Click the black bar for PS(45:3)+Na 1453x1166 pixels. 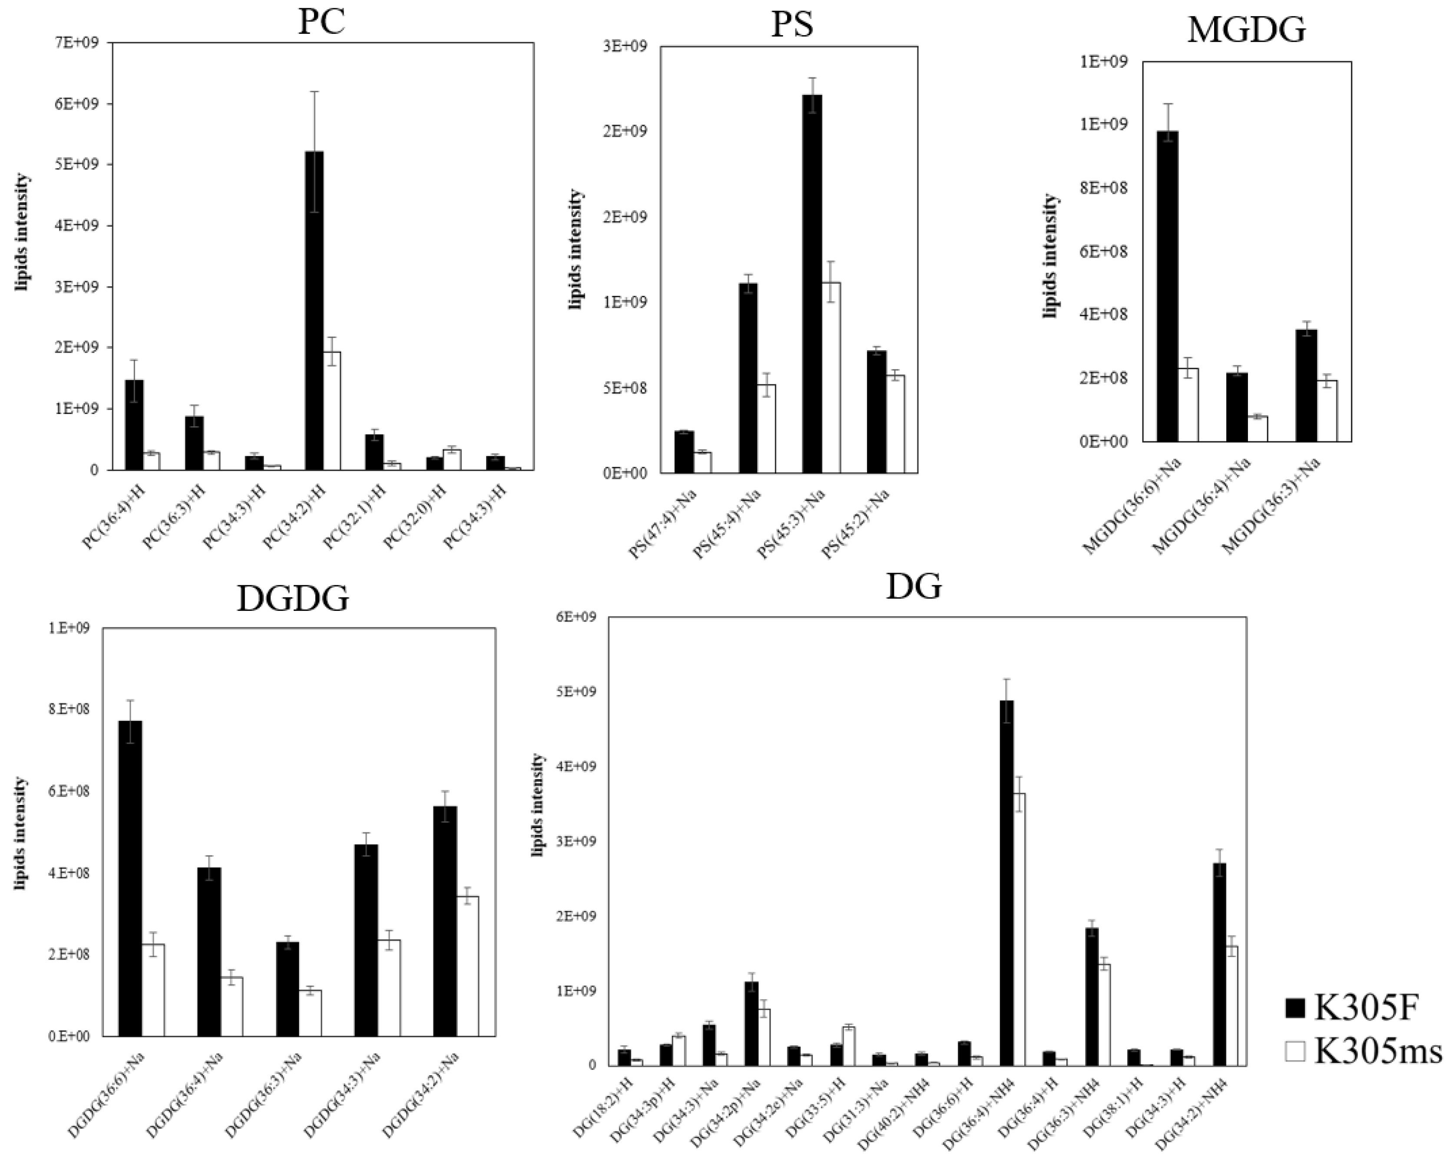click(x=812, y=283)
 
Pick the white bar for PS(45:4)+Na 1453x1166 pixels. click(x=766, y=428)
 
